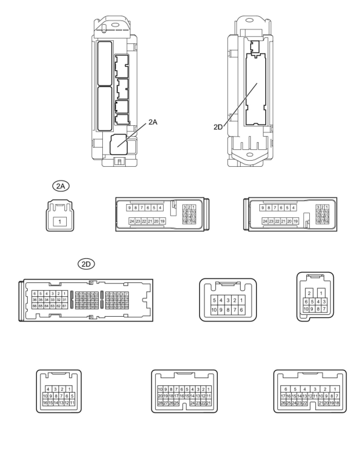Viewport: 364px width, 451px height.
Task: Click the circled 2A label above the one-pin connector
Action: pos(60,186)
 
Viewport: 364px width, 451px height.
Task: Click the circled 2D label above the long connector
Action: pos(86,264)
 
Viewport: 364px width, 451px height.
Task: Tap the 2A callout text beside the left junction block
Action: pos(153,122)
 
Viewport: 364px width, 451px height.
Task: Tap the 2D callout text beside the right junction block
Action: pos(218,127)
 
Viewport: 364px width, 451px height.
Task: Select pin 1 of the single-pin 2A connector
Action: pos(60,222)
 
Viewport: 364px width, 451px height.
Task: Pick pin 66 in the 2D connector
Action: pos(35,306)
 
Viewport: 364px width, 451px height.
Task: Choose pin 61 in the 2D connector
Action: pos(64,306)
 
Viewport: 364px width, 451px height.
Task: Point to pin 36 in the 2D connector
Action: pos(35,300)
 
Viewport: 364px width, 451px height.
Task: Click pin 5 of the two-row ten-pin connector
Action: pos(214,300)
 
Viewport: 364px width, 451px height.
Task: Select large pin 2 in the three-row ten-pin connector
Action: pos(309,293)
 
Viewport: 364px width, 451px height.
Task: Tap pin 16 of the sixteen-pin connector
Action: pos(45,403)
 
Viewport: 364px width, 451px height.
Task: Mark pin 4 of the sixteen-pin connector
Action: pos(48,389)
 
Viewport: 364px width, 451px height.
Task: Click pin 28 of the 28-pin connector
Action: pos(160,403)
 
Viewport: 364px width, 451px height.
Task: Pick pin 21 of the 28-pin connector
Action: pos(209,403)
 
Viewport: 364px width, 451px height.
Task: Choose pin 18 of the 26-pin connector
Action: pos(337,403)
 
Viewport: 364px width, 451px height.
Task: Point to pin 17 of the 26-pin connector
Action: pos(283,396)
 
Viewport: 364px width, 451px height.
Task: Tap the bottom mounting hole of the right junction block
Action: pos(249,155)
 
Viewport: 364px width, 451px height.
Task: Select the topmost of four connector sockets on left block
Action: pos(122,65)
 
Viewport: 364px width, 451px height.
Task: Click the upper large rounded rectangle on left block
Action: pos(105,63)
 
